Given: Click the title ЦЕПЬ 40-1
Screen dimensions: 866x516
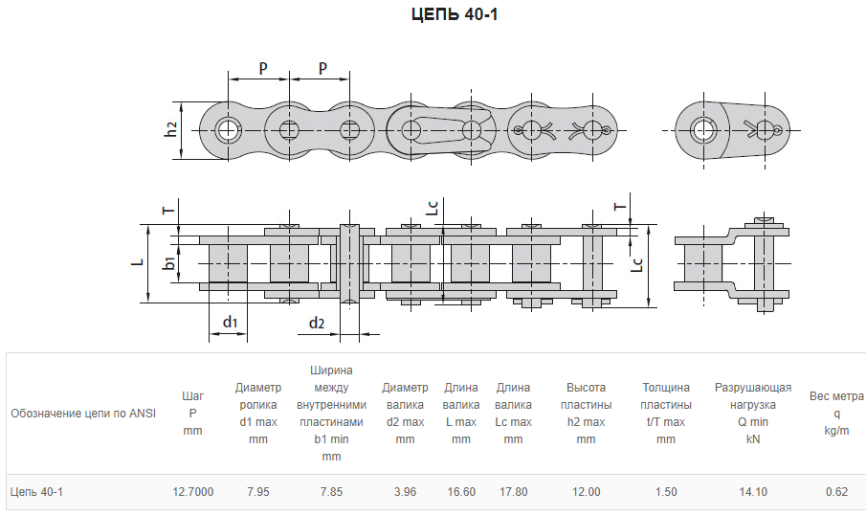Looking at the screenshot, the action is click(x=455, y=14).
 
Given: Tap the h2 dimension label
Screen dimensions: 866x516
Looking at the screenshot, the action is click(x=171, y=129).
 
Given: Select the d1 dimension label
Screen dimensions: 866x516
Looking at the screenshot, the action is click(x=231, y=322).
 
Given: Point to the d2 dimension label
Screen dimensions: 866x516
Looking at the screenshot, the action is click(x=317, y=323).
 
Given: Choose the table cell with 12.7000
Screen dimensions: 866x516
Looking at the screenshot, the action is click(x=192, y=492).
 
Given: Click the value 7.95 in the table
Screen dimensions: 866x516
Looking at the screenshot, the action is click(x=258, y=492).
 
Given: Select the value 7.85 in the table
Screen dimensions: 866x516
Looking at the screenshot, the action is click(x=331, y=492).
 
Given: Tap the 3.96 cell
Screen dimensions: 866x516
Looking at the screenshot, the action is click(x=405, y=492).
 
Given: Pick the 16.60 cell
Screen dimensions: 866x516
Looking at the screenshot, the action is click(x=461, y=492).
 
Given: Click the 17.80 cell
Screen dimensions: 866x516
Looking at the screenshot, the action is click(x=513, y=492).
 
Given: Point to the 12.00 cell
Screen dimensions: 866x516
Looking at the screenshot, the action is click(x=586, y=492).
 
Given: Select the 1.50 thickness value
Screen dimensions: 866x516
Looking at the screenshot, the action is click(x=665, y=492).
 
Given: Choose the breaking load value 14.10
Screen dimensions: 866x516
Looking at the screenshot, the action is click(x=753, y=492).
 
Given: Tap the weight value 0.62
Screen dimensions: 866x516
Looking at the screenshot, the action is click(x=836, y=492).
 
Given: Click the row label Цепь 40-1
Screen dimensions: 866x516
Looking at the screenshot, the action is click(x=37, y=492).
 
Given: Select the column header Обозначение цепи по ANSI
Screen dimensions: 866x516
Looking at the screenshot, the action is click(x=83, y=414).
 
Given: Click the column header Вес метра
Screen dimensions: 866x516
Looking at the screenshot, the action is click(x=836, y=396).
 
